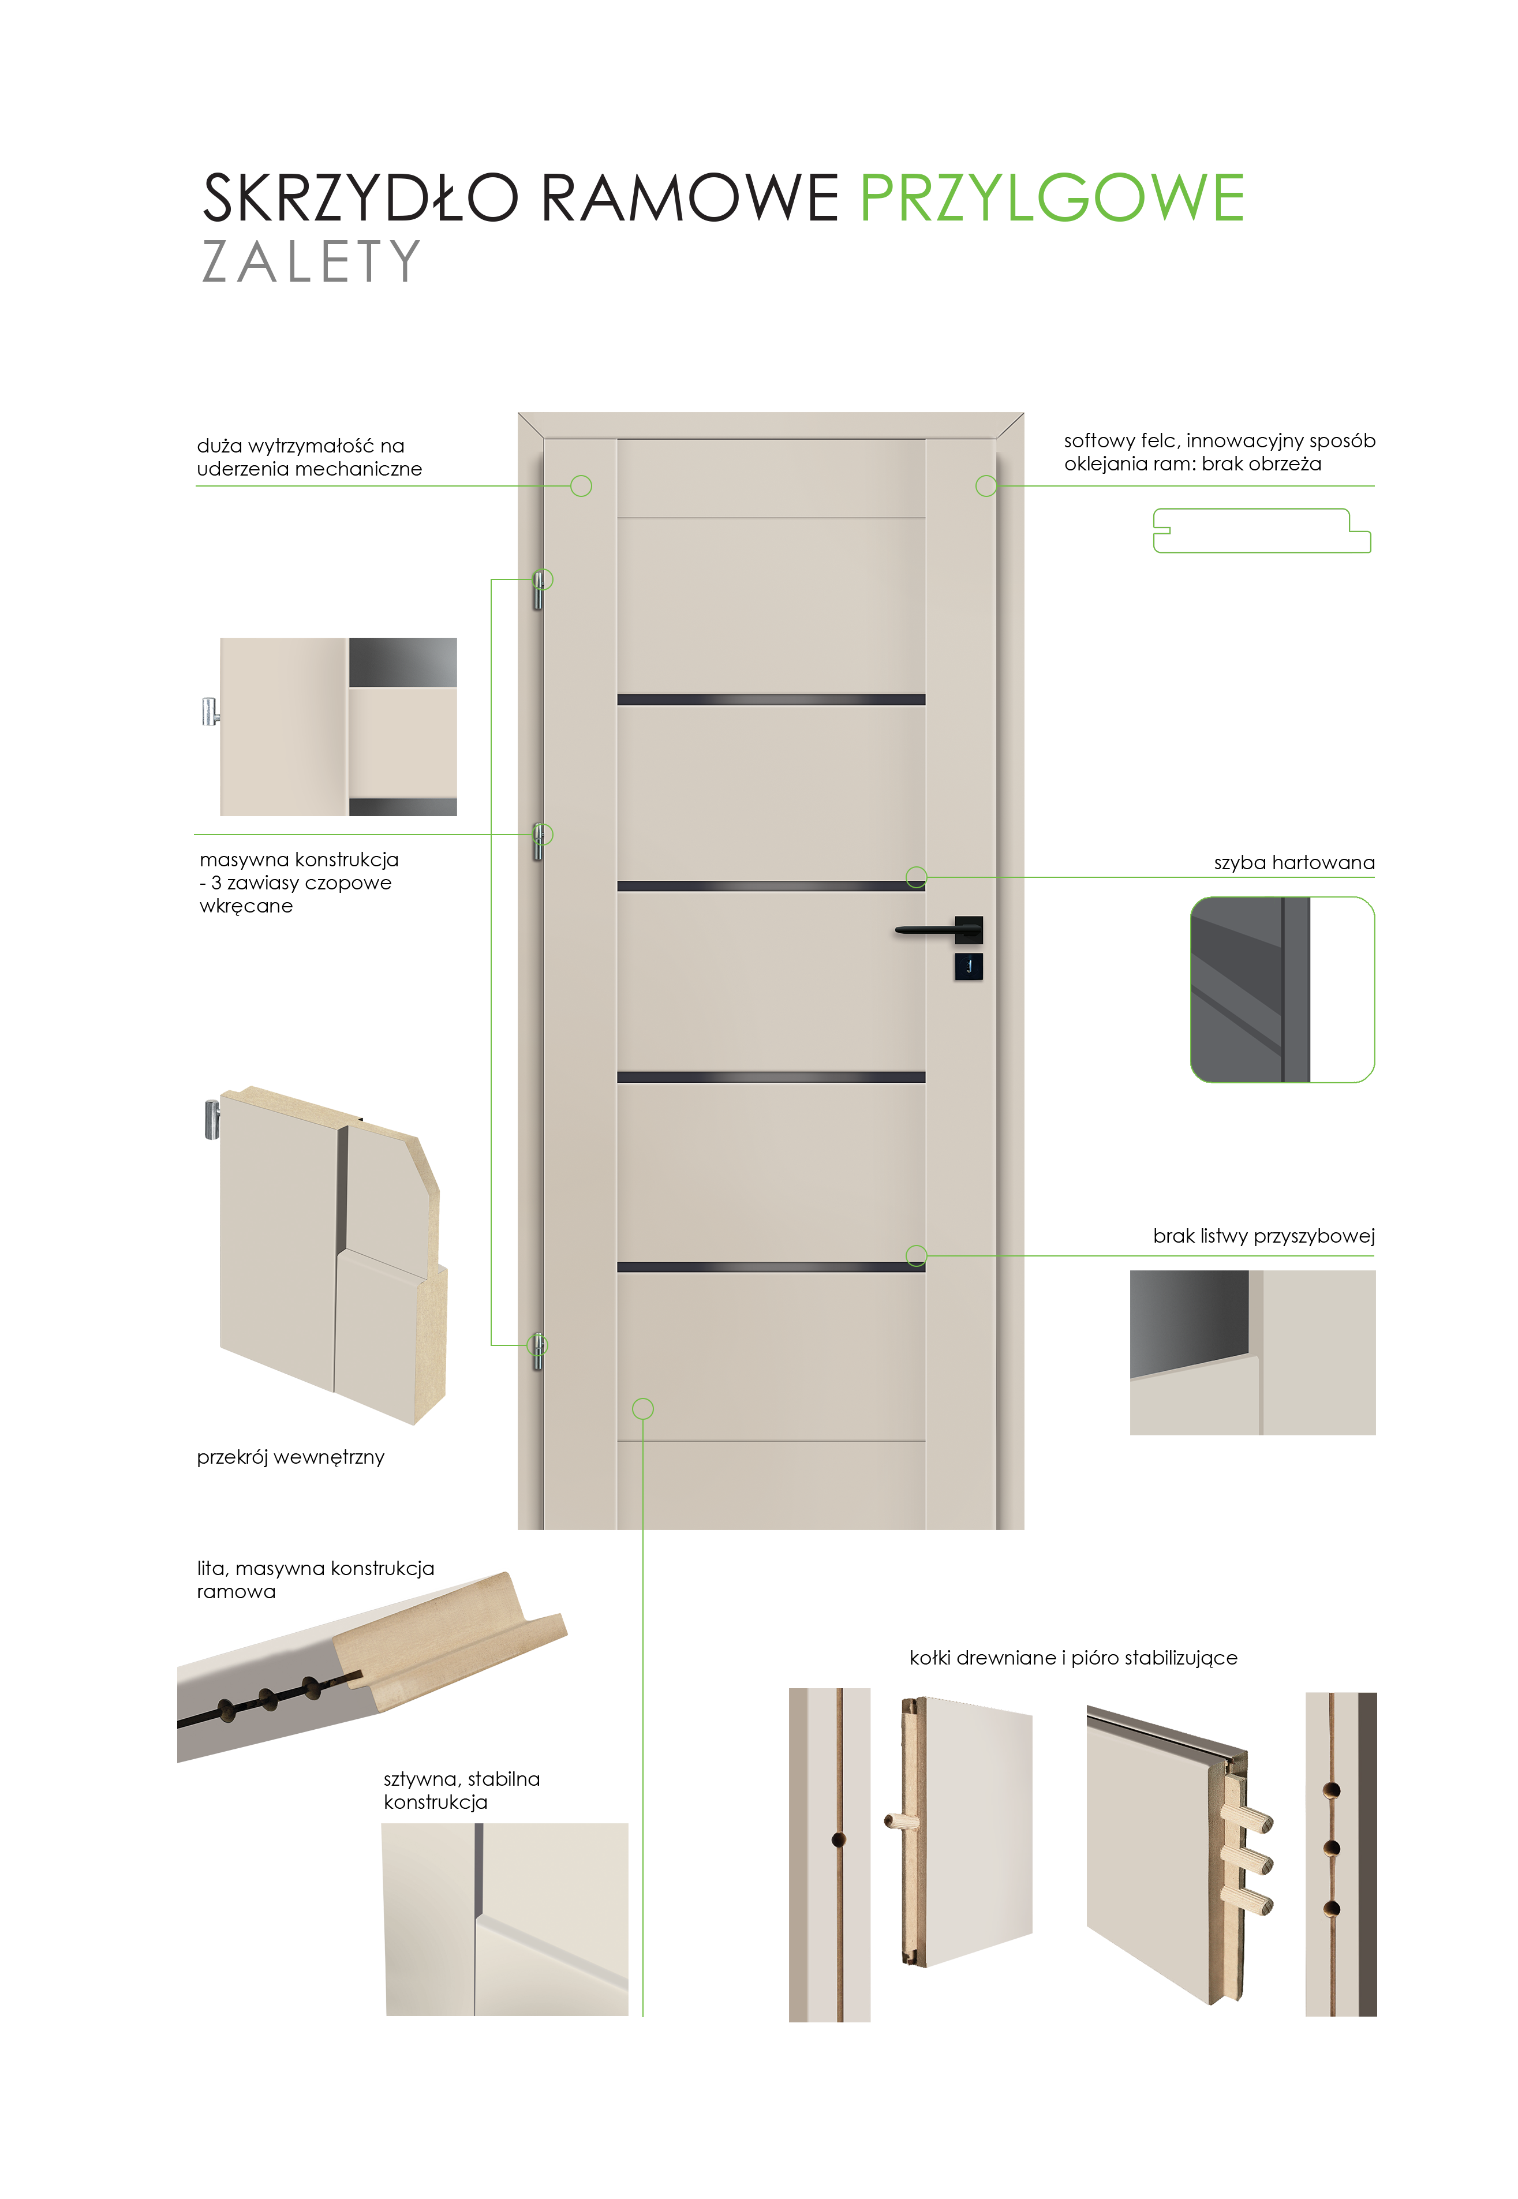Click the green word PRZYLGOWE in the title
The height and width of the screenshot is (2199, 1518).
click(1052, 198)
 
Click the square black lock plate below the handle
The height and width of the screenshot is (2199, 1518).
click(969, 966)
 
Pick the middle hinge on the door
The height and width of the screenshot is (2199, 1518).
click(539, 841)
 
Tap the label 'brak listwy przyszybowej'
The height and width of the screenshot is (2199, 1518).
click(1264, 1236)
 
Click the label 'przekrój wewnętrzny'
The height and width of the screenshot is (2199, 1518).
click(290, 1457)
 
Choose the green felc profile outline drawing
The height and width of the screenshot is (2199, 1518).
click(1262, 531)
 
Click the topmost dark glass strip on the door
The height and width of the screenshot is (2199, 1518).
click(771, 700)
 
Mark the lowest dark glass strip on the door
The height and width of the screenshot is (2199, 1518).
click(771, 1267)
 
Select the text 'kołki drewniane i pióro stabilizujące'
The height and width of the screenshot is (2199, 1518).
click(1074, 1658)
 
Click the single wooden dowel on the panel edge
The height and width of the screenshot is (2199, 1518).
click(902, 1822)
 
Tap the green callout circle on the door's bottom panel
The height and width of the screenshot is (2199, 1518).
click(643, 1409)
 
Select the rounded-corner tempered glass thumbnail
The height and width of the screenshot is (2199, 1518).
click(1282, 989)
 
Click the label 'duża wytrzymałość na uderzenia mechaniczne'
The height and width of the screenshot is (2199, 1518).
click(309, 458)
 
